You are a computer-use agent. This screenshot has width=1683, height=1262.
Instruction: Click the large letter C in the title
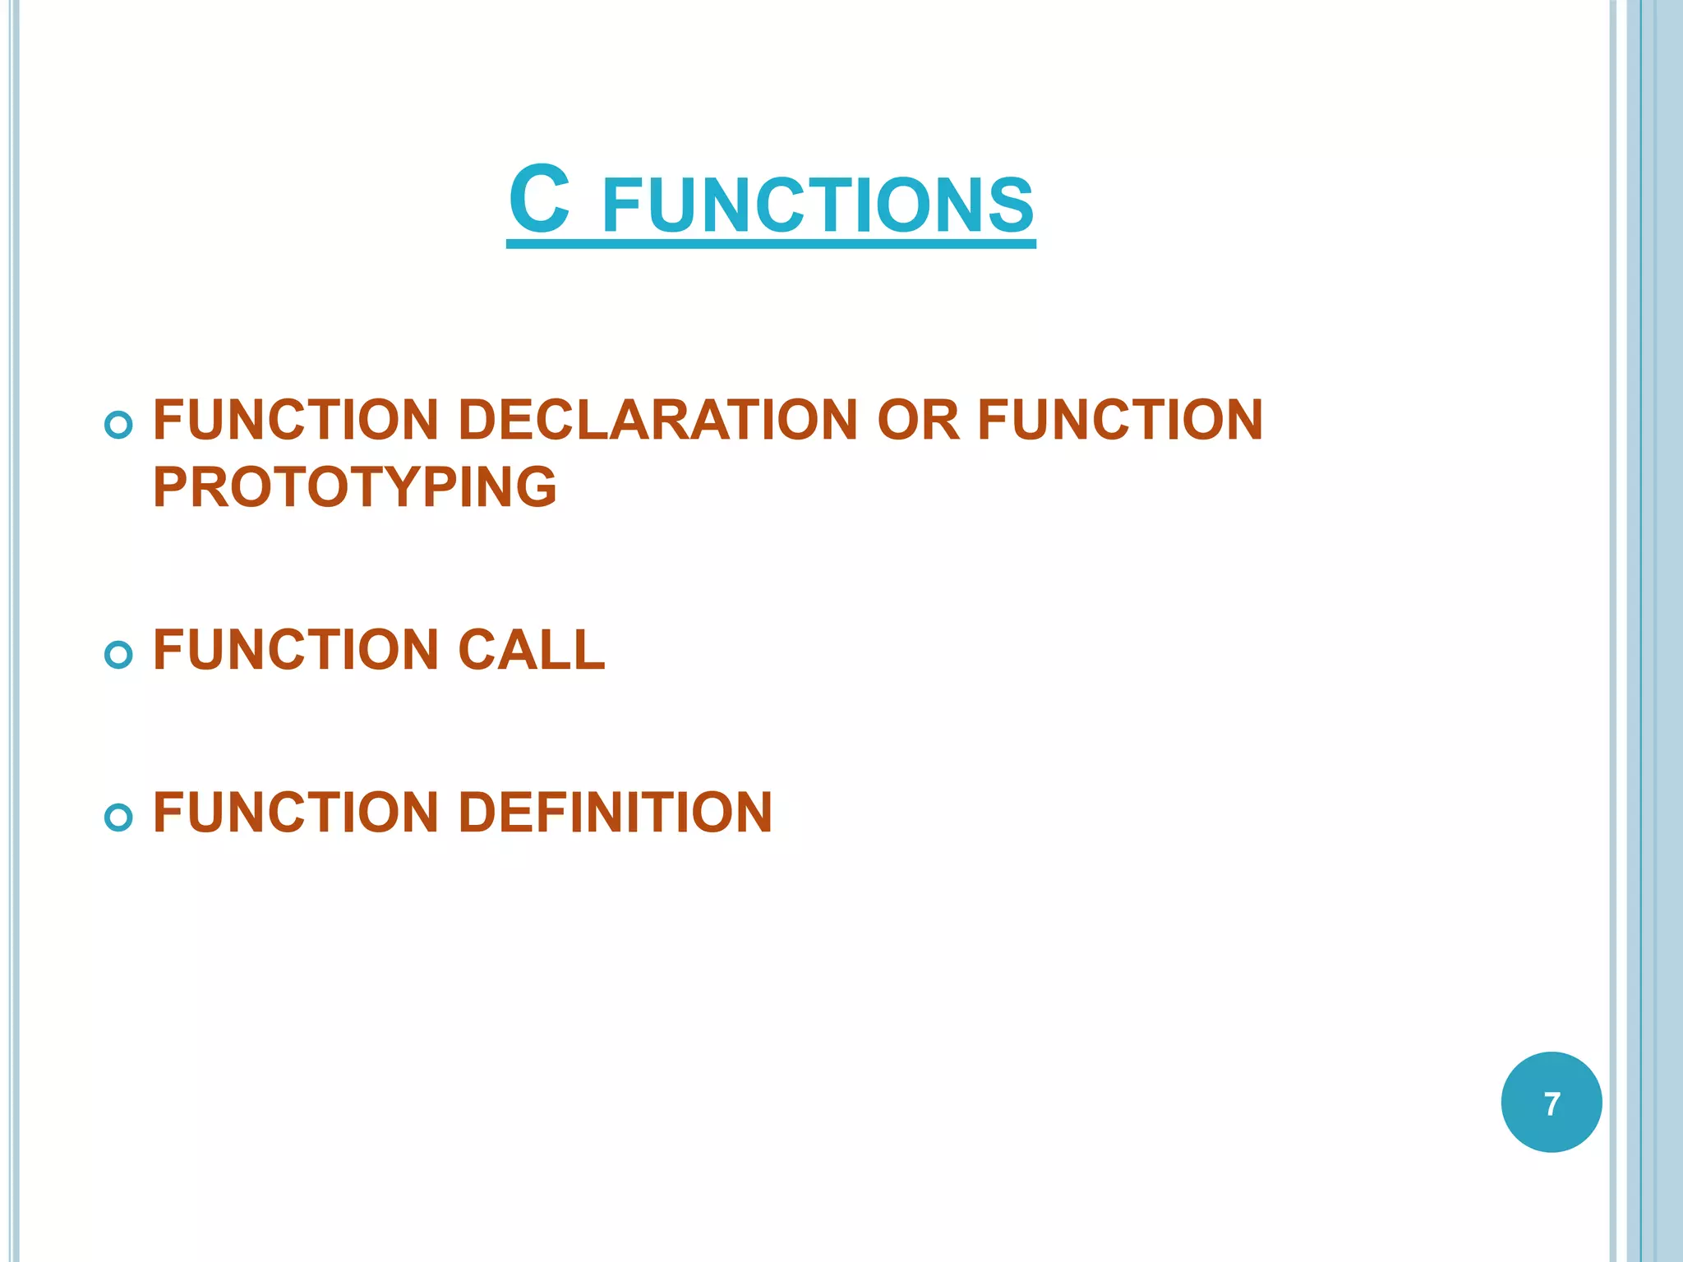[539, 200]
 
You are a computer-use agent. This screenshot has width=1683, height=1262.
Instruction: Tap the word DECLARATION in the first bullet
[657, 420]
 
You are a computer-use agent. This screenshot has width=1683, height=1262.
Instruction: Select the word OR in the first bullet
[918, 420]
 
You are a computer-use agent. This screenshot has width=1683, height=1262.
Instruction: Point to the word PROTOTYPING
[355, 487]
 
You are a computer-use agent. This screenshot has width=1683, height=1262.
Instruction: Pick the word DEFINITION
[615, 813]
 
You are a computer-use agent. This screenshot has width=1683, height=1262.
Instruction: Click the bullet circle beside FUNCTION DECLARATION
[119, 425]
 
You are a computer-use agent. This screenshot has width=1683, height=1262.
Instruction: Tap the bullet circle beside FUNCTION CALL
[119, 655]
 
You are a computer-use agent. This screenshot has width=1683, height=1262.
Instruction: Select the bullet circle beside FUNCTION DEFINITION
[119, 817]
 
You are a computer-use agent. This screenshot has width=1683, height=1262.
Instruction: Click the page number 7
[1552, 1103]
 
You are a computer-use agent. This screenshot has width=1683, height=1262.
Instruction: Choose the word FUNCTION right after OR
[1120, 420]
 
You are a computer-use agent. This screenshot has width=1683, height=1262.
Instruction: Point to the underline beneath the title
[771, 243]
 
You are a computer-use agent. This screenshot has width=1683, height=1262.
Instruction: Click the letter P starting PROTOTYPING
[170, 487]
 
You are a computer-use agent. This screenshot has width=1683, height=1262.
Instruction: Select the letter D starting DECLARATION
[477, 420]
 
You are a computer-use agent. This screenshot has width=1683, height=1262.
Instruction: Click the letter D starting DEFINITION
[477, 813]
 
